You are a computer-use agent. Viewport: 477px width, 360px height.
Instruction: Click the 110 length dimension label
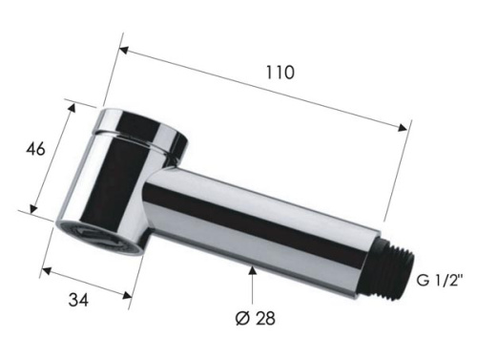tap(280, 72)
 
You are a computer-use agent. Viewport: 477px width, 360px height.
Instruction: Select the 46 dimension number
tap(33, 151)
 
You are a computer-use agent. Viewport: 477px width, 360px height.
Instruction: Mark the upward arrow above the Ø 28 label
tap(252, 275)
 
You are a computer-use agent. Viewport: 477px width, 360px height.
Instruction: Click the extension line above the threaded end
tap(405, 191)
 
